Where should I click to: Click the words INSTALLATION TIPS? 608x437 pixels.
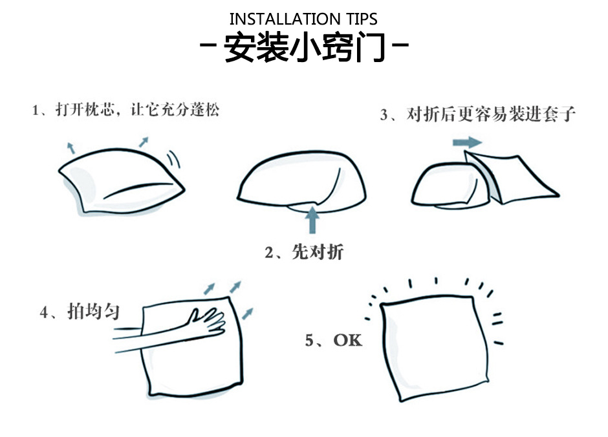(x=303, y=19)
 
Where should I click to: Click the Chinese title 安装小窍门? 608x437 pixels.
(x=305, y=47)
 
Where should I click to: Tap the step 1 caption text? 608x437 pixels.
(x=125, y=110)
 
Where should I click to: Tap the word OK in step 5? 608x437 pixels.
(x=347, y=340)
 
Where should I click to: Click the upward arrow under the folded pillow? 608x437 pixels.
(x=312, y=220)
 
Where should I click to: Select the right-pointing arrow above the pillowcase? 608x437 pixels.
(x=467, y=142)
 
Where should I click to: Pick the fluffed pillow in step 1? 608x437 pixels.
(x=122, y=180)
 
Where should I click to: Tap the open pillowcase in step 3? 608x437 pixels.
(x=512, y=177)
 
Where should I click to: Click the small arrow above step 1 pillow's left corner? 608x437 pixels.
(x=71, y=147)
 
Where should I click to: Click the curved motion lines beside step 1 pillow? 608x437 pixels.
(x=174, y=159)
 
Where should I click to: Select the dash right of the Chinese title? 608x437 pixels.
(x=400, y=45)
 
